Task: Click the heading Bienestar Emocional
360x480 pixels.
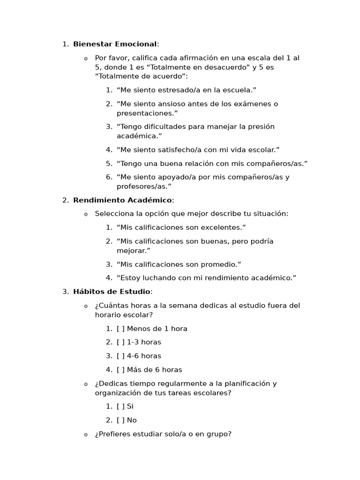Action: coord(115,44)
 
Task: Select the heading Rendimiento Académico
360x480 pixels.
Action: coord(122,200)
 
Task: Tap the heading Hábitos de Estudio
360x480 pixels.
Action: coord(112,292)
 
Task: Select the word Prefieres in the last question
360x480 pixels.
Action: coord(112,434)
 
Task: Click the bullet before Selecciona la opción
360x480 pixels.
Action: coord(86,214)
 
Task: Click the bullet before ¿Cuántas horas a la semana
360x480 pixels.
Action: coord(86,306)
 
